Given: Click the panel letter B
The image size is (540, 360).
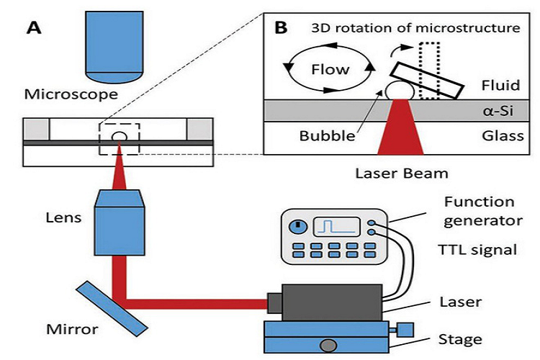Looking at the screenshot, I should [x=282, y=29].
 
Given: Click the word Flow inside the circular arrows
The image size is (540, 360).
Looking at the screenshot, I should [x=330, y=69].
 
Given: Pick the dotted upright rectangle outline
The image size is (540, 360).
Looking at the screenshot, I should [x=429, y=70].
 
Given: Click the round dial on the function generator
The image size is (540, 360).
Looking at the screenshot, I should [x=297, y=227].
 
